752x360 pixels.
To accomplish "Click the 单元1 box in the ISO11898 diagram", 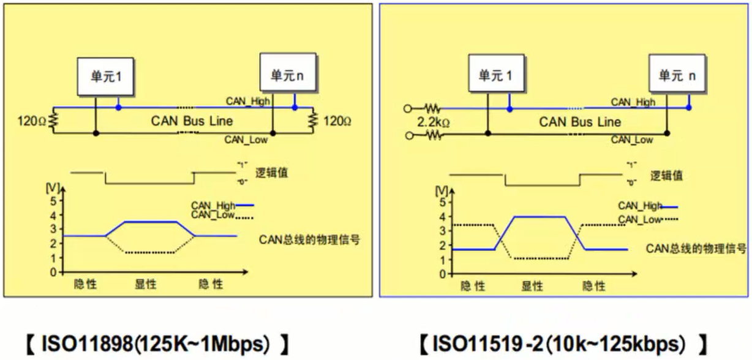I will click(x=106, y=77).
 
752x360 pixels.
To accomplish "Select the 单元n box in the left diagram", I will click(x=287, y=74).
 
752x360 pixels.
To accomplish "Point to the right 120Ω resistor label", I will click(x=337, y=121).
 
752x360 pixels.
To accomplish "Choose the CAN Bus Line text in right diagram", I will click(x=579, y=122).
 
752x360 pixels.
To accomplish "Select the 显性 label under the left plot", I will click(x=146, y=285).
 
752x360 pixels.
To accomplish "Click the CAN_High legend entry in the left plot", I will click(x=212, y=205).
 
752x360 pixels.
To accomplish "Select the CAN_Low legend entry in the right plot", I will click(x=640, y=219).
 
